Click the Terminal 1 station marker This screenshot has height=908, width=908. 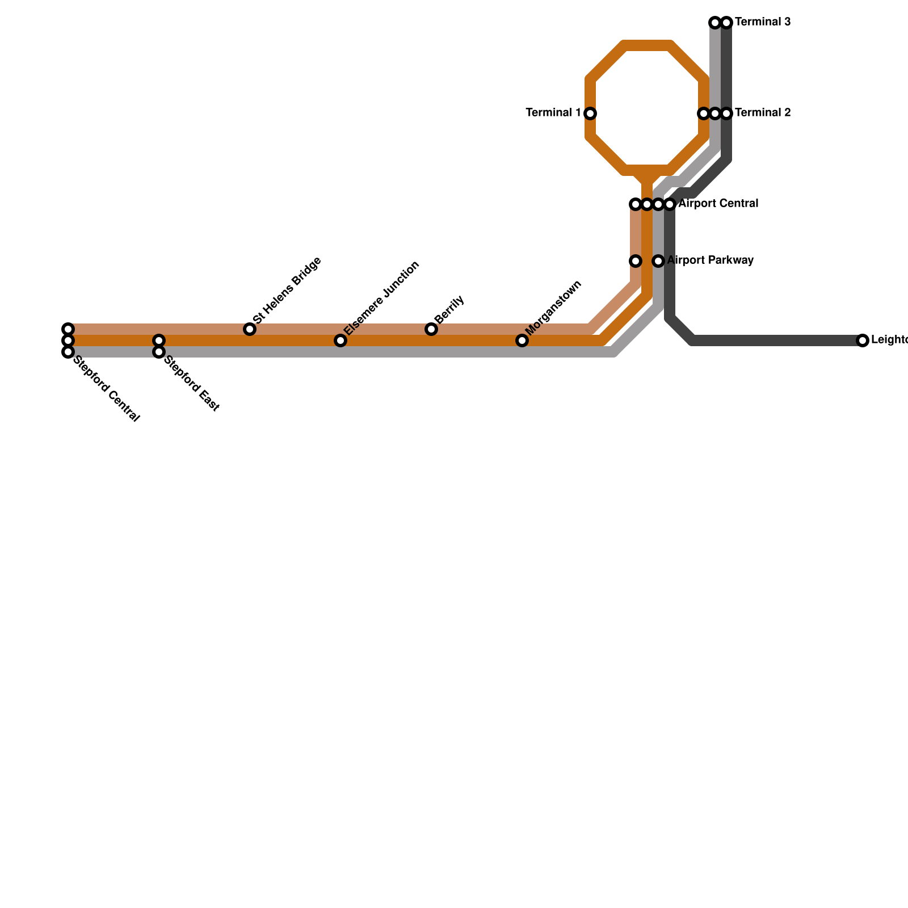[x=590, y=113]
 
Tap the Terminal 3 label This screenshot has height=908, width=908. [x=762, y=23]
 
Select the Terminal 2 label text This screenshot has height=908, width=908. [x=762, y=113]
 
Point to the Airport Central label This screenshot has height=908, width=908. [x=718, y=204]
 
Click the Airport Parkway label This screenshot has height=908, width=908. [x=710, y=260]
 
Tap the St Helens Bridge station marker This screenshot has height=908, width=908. [x=250, y=329]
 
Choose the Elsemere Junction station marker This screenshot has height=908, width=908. [x=340, y=340]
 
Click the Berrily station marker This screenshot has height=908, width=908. [x=431, y=329]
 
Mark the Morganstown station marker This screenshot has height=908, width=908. [x=522, y=340]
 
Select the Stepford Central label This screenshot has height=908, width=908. [x=107, y=389]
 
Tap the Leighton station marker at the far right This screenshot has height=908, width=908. [x=863, y=340]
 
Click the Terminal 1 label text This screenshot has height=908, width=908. [x=553, y=113]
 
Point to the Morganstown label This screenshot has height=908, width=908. [x=554, y=307]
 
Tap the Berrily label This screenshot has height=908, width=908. [x=450, y=309]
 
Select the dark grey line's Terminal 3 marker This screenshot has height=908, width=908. [x=726, y=23]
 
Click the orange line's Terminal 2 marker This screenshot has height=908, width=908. [x=704, y=113]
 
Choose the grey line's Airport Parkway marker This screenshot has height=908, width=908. [x=658, y=261]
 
